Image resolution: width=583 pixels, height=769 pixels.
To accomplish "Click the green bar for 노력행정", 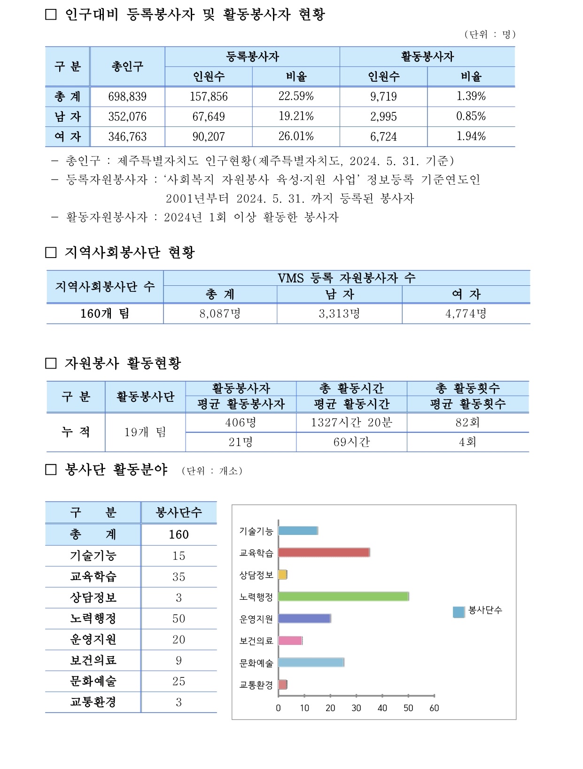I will click(x=343, y=596).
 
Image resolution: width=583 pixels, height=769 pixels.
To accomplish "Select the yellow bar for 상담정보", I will click(x=282, y=574).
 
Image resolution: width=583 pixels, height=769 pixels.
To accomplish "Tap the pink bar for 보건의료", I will click(x=290, y=640).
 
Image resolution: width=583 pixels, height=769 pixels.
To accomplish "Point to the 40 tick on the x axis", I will click(x=382, y=708).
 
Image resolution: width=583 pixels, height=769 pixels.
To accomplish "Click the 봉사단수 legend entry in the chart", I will click(x=478, y=611).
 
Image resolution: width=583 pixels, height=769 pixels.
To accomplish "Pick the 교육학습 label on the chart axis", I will click(x=256, y=553).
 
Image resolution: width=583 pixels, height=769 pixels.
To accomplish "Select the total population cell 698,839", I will click(x=127, y=97).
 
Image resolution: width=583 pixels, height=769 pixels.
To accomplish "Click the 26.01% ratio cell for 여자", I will click(x=296, y=137).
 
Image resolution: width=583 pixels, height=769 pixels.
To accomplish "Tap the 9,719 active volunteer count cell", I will click(x=383, y=97).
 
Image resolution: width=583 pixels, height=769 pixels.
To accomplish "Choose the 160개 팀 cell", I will click(x=105, y=314).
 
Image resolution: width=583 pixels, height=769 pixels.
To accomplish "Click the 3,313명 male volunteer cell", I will click(x=339, y=314).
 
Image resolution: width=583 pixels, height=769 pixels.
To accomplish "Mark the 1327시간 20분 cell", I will click(x=351, y=423).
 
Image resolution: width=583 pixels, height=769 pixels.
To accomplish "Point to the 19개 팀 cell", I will click(x=145, y=432).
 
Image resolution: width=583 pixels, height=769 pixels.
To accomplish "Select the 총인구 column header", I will click(x=127, y=67).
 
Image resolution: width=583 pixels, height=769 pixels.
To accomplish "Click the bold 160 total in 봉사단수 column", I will click(x=179, y=534).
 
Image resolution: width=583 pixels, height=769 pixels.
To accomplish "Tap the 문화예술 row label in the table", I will click(x=93, y=681).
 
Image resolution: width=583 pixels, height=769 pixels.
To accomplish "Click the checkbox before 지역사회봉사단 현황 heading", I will click(x=51, y=252).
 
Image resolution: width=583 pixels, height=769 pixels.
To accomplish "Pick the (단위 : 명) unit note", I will click(x=490, y=34).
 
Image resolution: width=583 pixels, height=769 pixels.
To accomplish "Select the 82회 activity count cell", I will click(x=467, y=423).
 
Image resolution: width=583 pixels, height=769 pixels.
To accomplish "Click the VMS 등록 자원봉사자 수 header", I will click(x=347, y=278).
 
